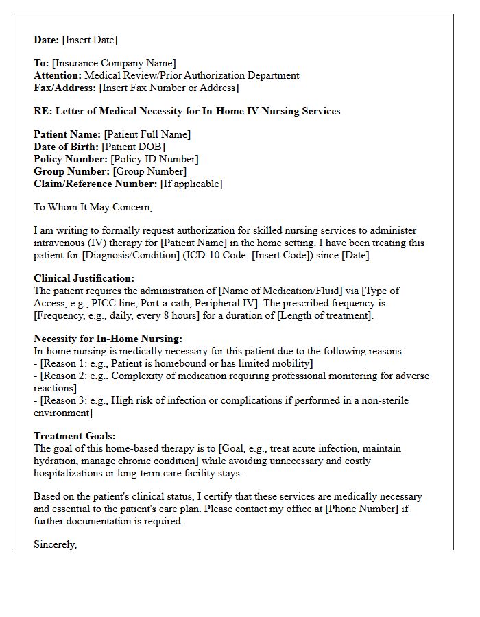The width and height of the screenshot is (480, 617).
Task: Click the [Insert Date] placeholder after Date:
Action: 90,40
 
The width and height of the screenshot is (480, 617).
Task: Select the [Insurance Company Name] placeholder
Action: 114,64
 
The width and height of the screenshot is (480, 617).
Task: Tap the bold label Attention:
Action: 58,76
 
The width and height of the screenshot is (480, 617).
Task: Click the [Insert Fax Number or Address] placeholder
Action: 169,88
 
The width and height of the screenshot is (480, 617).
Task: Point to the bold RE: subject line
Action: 187,111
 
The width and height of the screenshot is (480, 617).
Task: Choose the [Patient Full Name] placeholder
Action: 147,135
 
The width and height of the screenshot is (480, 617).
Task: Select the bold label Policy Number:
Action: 71,159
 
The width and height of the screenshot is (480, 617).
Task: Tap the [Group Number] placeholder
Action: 149,171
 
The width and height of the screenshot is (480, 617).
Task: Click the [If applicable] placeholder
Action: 191,184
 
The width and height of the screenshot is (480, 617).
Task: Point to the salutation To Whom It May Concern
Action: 93,207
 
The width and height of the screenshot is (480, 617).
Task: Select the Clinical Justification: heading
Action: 84,278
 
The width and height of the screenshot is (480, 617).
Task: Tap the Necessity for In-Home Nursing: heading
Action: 108,339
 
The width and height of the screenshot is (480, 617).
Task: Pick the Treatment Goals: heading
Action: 75,436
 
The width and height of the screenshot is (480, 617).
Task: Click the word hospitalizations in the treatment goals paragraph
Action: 72,473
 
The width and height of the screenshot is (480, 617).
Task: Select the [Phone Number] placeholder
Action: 350,509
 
